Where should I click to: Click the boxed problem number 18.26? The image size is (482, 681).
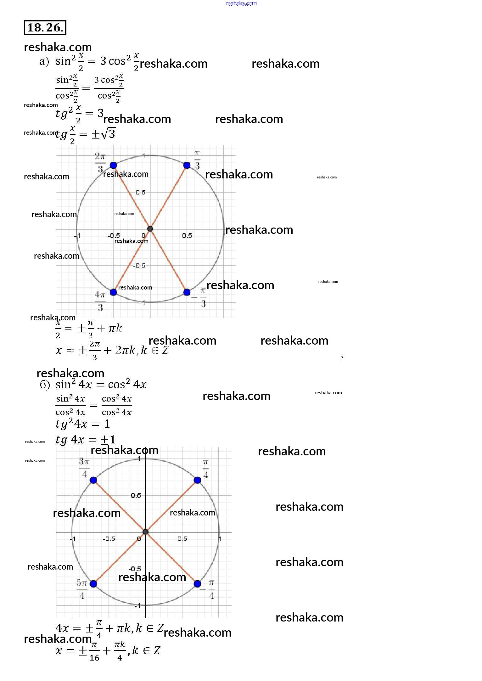pos(45,27)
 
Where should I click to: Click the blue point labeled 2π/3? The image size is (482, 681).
pos(113,165)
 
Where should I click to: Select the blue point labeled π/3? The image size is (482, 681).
pos(187,165)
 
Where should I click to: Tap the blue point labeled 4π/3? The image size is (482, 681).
pos(113,292)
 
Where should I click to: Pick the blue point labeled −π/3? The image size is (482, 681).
pos(187,292)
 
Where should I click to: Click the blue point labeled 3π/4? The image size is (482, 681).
pos(93,480)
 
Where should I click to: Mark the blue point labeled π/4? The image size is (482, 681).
pos(198,480)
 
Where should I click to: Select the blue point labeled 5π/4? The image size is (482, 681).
pos(93,584)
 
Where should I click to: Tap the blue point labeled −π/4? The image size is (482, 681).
pos(198,584)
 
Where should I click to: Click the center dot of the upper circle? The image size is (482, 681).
pos(150,229)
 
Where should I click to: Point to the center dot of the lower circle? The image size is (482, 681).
pos(145,532)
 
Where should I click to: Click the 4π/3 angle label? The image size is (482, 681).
pos(100,301)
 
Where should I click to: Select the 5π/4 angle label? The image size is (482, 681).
pos(82,589)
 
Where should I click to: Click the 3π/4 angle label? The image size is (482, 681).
pos(84,468)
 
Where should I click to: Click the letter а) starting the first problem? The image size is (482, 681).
pos(44,61)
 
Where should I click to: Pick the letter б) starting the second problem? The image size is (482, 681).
pos(45,385)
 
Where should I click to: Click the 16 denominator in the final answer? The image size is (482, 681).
pos(94,658)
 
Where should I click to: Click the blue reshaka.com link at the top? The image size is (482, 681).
pos(241,3)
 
